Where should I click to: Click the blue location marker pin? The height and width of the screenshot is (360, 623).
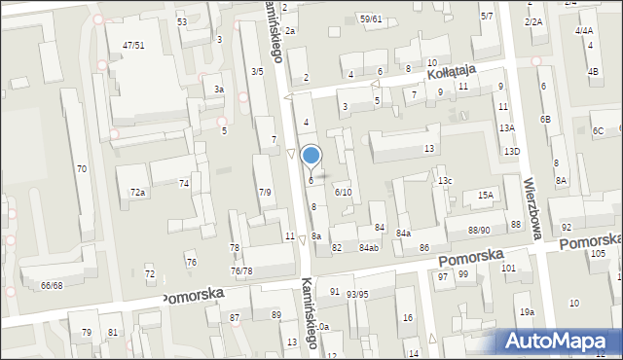pos(311,156)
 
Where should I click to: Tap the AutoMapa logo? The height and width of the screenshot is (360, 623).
pos(560,342)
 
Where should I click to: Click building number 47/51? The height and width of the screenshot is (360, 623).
pos(133,46)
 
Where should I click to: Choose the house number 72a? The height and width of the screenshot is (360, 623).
pos(138,193)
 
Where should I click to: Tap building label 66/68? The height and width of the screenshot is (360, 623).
pos(52,285)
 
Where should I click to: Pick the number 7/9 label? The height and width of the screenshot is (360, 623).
pos(265,192)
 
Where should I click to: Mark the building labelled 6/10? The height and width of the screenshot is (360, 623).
pos(343,193)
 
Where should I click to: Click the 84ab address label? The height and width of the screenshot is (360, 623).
pos(368,248)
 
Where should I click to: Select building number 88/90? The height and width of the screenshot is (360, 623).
pos(479,230)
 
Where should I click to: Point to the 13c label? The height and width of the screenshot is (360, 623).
pos(445,181)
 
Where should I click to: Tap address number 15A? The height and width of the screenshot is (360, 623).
pos(485,196)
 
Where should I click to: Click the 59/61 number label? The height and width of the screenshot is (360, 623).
pos(370,18)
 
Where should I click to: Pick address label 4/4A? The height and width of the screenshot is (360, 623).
pos(584,31)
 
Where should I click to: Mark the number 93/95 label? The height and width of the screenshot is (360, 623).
pos(357,294)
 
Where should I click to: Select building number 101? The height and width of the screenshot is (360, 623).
pos(508,268)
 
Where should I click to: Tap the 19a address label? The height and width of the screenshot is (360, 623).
pos(527,311)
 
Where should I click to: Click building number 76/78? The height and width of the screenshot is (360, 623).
pos(241,271)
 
